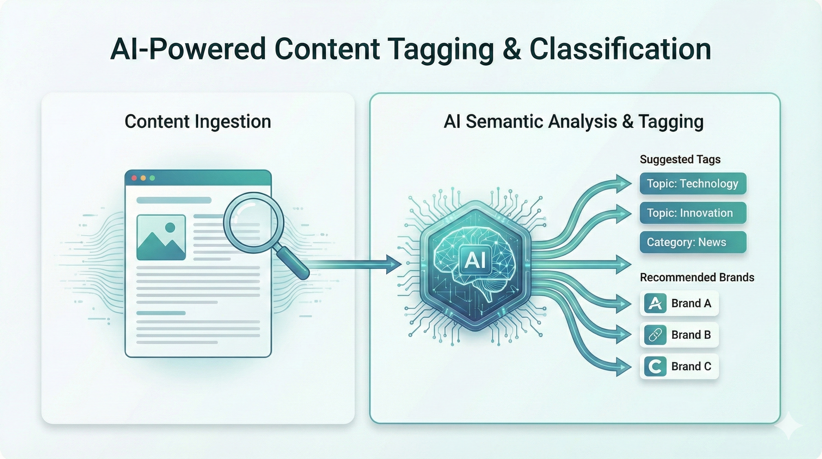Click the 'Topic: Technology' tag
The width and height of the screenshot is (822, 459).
point(693,183)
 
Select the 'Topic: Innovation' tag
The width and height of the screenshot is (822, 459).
point(693,213)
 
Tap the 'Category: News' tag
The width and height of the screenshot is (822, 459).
point(693,242)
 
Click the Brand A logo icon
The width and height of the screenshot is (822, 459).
point(655,303)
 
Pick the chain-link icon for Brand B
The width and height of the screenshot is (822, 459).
point(655,335)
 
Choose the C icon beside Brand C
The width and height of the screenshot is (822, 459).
point(655,366)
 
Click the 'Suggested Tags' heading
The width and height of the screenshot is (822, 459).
point(680,159)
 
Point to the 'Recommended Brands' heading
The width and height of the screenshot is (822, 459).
point(697,277)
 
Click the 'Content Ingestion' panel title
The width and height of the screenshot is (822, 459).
point(198,122)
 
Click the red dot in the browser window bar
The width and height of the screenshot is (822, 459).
point(134,178)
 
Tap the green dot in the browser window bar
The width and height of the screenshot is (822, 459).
point(152,178)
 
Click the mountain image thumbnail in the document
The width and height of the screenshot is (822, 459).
point(161,237)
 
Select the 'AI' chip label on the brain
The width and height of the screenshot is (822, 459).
point(475,260)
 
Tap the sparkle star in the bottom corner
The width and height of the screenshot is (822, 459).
point(788,426)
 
